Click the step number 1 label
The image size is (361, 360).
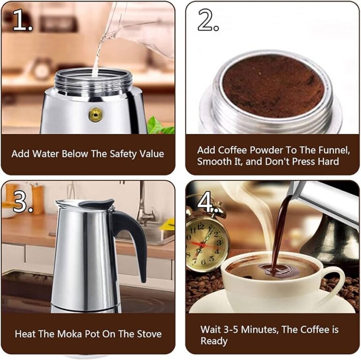click(x=22, y=20)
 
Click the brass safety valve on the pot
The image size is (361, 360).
click(x=95, y=114)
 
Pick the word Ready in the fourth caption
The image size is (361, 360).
click(x=214, y=341)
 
